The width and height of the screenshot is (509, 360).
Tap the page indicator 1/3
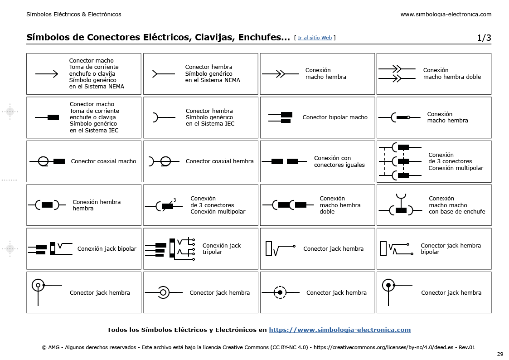click(x=484, y=38)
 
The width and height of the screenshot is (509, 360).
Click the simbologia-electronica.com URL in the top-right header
click(x=446, y=14)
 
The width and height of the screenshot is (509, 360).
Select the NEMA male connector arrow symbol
click(x=46, y=74)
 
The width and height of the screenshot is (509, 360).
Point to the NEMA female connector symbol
click(x=164, y=74)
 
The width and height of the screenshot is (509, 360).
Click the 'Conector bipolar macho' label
click(x=335, y=117)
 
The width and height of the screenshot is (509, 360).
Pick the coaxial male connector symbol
click(x=47, y=161)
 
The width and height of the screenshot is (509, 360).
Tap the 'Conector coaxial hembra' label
click(x=219, y=161)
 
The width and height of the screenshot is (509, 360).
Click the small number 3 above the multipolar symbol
click(x=175, y=200)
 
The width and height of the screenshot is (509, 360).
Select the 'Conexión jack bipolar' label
click(x=107, y=248)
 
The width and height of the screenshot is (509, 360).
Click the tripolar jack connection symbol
click(x=170, y=248)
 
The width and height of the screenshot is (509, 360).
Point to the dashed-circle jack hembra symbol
click(x=280, y=292)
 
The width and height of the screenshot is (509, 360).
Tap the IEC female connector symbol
click(x=163, y=117)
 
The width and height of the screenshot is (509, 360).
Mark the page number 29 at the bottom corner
click(x=500, y=354)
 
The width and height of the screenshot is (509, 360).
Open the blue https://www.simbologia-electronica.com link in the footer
click(x=339, y=330)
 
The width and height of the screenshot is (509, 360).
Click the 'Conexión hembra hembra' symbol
click(x=47, y=205)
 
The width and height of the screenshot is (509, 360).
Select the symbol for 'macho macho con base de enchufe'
click(x=401, y=206)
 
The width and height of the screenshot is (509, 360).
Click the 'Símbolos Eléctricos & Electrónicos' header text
click(x=74, y=14)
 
